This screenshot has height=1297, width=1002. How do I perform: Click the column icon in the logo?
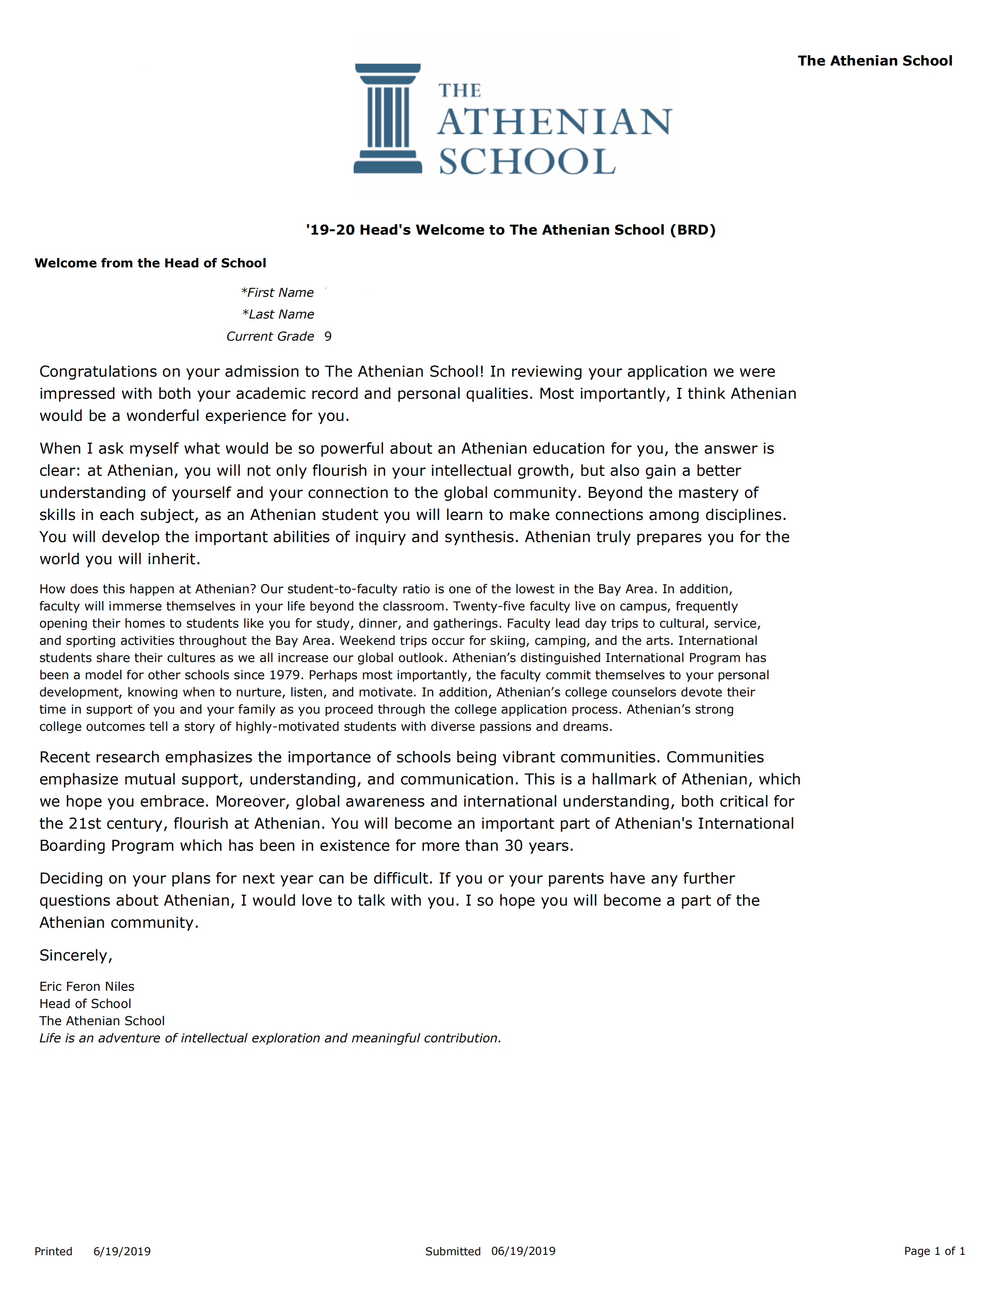tap(388, 118)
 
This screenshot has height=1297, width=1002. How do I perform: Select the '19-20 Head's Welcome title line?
tap(510, 230)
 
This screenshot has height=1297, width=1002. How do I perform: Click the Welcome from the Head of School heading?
tap(150, 263)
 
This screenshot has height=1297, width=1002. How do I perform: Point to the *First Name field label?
tap(277, 292)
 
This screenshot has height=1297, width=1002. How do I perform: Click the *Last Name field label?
tap(278, 314)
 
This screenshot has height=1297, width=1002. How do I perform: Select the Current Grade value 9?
tap(328, 336)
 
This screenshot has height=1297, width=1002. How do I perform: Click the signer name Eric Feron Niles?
tap(87, 986)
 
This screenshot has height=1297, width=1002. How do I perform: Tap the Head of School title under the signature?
tap(85, 1003)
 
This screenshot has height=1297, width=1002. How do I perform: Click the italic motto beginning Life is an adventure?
tap(270, 1038)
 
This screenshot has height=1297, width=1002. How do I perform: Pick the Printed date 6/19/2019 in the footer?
tap(122, 1251)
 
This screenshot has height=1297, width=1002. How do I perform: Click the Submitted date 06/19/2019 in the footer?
tap(523, 1251)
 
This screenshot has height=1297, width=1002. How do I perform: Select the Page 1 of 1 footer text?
tap(934, 1251)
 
